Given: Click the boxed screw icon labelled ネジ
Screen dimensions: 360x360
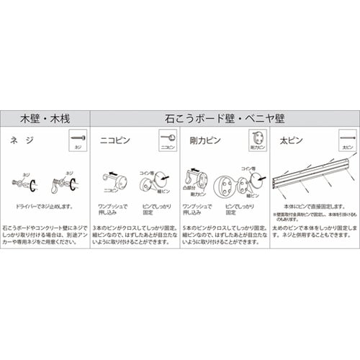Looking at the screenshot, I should (x=78, y=140).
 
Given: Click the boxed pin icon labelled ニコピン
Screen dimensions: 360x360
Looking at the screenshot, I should (x=167, y=140).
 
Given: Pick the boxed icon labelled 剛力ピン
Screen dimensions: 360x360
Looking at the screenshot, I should (x=257, y=140).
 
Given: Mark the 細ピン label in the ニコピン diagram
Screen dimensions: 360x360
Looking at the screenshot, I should (x=163, y=190).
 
